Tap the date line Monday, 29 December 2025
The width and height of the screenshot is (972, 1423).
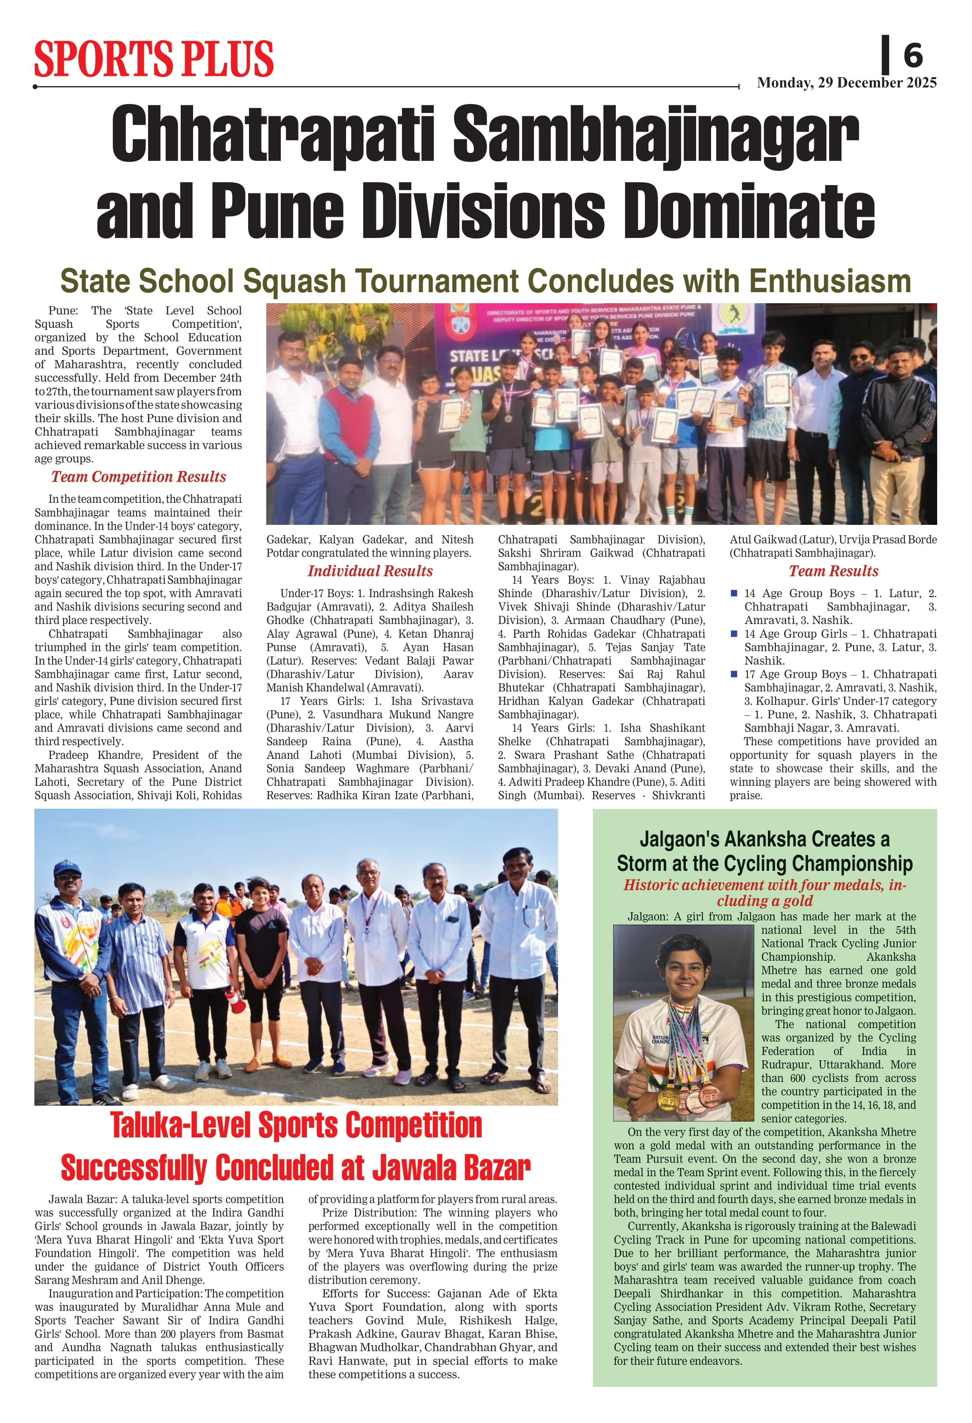point(846,83)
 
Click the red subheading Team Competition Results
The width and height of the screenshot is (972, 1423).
point(138,477)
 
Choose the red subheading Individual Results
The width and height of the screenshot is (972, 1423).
point(370,571)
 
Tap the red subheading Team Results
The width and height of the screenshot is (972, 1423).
point(833,571)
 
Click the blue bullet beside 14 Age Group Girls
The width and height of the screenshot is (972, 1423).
point(734,634)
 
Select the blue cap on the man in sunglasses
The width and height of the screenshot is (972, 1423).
point(67,869)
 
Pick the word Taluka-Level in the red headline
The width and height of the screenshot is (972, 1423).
point(181,1126)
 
